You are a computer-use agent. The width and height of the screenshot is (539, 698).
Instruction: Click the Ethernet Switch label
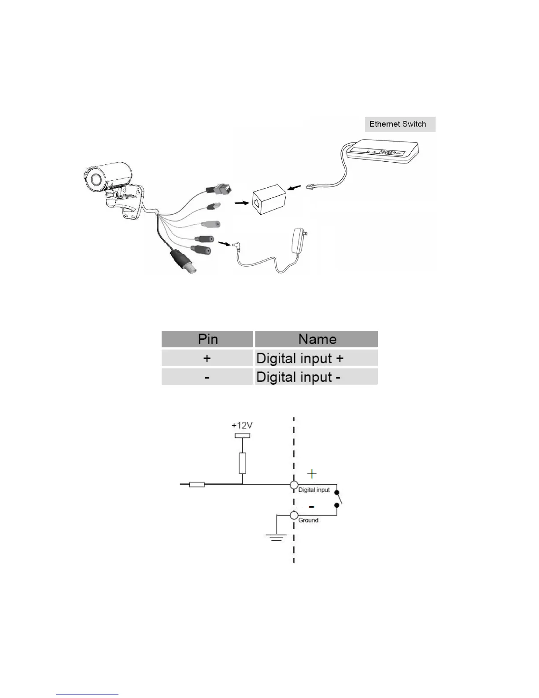click(x=398, y=124)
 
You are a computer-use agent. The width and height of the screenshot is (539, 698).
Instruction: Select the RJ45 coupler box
click(x=269, y=200)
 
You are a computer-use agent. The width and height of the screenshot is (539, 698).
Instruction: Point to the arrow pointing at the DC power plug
click(x=224, y=243)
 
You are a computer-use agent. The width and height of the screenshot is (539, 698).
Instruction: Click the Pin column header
click(x=207, y=339)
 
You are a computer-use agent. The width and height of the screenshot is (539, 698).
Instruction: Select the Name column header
click(x=317, y=339)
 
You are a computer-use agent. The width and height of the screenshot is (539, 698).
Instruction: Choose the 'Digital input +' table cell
click(x=316, y=358)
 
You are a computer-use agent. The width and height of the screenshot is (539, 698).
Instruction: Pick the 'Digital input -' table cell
click(x=316, y=377)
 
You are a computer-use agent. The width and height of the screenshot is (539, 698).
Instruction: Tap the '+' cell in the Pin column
click(x=207, y=358)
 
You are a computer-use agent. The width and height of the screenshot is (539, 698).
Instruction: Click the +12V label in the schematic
click(x=242, y=426)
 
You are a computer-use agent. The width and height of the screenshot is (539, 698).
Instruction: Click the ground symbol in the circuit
click(x=276, y=537)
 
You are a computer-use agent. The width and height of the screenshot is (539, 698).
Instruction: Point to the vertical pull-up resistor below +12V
click(x=242, y=463)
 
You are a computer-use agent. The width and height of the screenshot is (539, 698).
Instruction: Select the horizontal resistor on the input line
click(x=196, y=485)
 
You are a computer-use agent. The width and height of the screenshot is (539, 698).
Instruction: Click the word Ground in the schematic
click(x=308, y=520)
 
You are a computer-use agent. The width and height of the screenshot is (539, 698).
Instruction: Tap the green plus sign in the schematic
click(x=312, y=474)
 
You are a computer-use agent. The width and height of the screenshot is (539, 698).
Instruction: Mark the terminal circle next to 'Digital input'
click(x=294, y=485)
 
